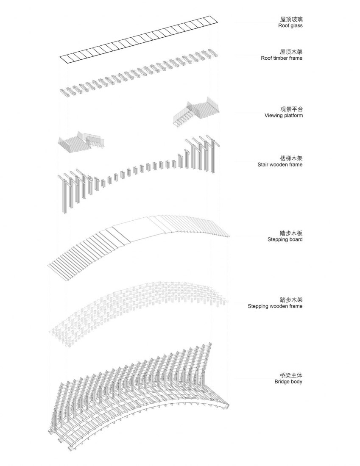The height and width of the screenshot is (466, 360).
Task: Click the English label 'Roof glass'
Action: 290,25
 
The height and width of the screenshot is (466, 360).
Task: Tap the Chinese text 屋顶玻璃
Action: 291,19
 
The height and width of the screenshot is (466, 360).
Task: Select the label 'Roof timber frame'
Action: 282,58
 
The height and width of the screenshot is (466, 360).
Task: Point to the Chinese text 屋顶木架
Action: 291,52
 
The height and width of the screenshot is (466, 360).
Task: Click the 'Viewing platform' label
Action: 284,116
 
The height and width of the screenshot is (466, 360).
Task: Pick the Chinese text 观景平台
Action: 291,109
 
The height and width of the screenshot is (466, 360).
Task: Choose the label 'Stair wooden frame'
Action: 280,164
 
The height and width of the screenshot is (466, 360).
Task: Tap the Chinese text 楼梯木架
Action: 291,158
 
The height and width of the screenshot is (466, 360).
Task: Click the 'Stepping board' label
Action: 285,239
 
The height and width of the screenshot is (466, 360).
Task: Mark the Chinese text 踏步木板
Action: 291,233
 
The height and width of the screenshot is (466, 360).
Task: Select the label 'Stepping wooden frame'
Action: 275,306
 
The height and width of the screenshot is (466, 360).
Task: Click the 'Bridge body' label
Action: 288,382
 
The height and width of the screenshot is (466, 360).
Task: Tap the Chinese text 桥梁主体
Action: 291,375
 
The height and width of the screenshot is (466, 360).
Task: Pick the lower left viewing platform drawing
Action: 81,141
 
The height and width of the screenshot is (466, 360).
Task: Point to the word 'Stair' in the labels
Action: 263,164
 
